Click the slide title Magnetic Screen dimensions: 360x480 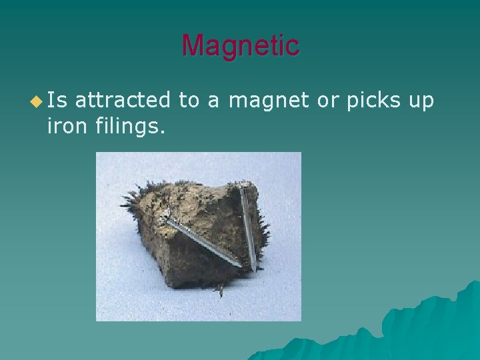click(241, 45)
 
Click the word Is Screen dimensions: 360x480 click(58, 101)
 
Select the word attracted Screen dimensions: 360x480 click(123, 101)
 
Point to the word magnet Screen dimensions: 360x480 click(269, 101)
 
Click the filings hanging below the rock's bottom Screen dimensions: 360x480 click(220, 289)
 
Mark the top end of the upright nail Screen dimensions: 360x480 click(242, 187)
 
